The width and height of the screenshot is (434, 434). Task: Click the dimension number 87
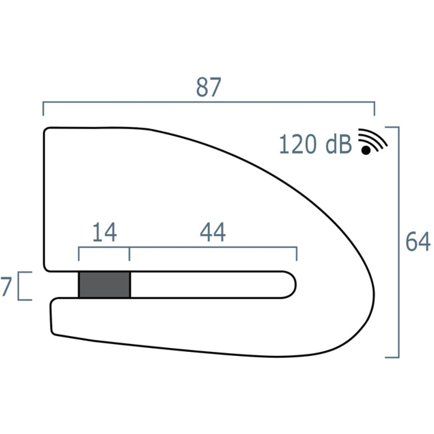[209, 88]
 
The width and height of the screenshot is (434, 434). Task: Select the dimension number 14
[105, 232]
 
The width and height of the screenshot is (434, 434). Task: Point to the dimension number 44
[213, 232]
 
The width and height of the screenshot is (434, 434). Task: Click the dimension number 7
[6, 286]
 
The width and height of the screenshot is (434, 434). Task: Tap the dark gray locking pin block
[105, 285]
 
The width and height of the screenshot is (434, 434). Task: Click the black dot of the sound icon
[366, 150]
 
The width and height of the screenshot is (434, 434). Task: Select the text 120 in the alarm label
[297, 144]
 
